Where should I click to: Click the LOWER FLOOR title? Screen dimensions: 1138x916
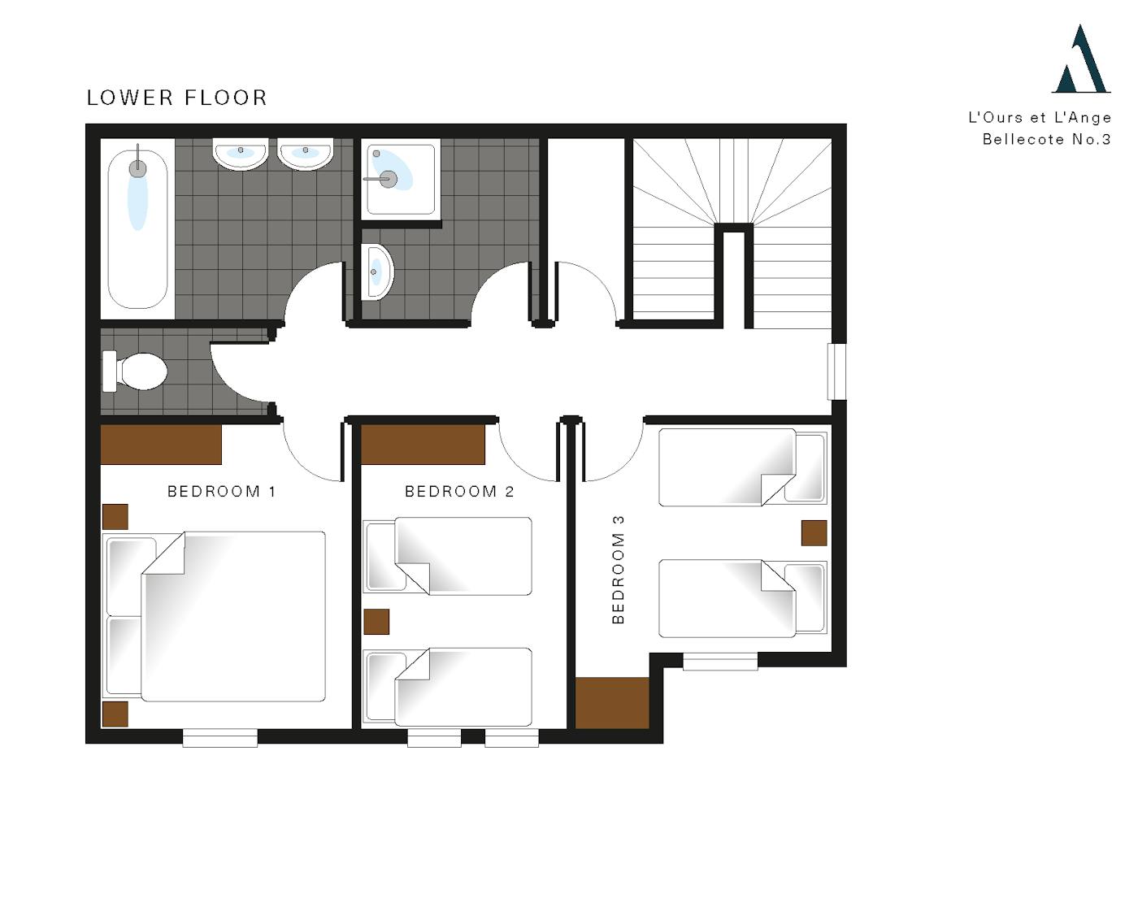coord(176,98)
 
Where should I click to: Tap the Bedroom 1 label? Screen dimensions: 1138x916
coord(222,492)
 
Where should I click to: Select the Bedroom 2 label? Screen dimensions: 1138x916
coord(459,492)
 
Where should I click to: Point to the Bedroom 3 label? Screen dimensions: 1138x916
coord(619,570)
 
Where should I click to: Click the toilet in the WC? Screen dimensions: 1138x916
coord(135,371)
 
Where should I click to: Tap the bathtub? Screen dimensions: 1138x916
coord(137,229)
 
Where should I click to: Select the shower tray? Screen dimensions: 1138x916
coord(401,179)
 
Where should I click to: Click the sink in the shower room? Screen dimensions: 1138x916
coord(377,271)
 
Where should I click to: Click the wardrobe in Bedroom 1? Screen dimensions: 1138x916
coord(161,445)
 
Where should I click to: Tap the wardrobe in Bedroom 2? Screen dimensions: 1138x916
coord(423,445)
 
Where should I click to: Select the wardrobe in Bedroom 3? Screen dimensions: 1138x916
coord(612,703)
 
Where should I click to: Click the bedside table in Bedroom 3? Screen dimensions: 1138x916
coord(814,533)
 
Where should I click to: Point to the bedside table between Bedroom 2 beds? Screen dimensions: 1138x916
coord(376,622)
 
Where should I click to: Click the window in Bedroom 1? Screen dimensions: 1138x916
coord(220,738)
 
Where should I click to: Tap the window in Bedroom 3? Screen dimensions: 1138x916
coord(720,662)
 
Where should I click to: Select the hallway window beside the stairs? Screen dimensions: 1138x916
coord(836,371)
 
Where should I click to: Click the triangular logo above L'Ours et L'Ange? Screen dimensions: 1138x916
coord(1081,59)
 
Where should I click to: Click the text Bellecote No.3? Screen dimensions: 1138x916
coord(1046,140)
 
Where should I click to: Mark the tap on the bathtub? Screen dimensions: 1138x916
coord(138,162)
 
